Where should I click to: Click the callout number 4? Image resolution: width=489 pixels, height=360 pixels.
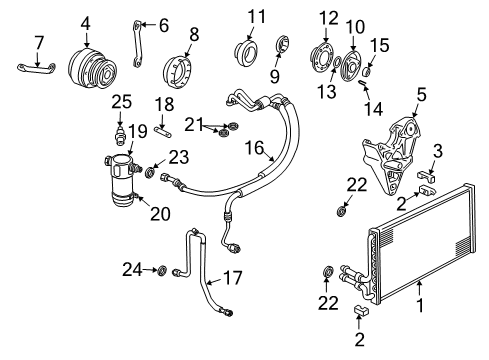[85, 22]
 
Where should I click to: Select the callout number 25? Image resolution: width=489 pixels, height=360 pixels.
[121, 100]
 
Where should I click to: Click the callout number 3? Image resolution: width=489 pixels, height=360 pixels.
[437, 151]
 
